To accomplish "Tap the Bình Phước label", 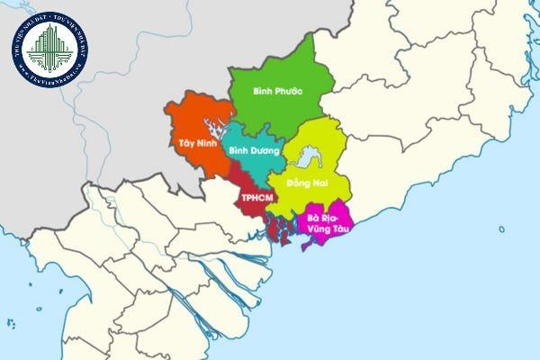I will tap(277, 91).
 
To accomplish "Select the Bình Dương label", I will tap(254, 151).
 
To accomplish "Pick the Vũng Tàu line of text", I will tap(326, 229).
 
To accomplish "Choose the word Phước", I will tap(289, 91).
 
